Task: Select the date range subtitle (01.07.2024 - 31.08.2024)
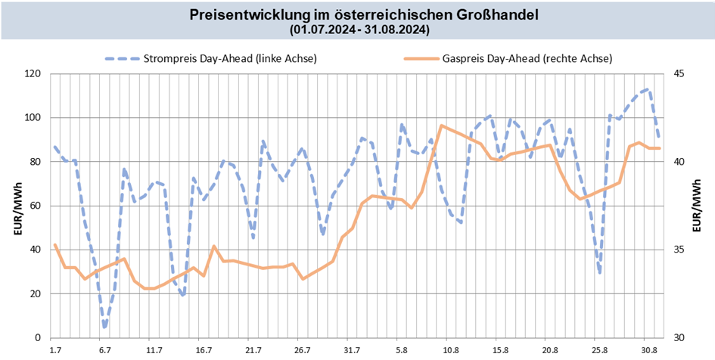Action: (x=359, y=30)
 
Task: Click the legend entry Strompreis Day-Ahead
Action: (x=230, y=58)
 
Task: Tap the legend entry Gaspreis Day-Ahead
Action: (x=526, y=58)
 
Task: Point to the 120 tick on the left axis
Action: (x=33, y=74)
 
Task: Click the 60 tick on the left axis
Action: (x=35, y=206)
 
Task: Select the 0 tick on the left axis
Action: (x=38, y=337)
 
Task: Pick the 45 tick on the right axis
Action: (x=679, y=74)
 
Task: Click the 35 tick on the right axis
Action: (x=679, y=250)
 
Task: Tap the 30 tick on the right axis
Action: (x=679, y=337)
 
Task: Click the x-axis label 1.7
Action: (x=55, y=350)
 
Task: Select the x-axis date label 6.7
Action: (x=104, y=350)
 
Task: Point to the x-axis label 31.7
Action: (x=352, y=350)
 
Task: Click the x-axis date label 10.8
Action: (x=451, y=350)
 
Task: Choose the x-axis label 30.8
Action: (x=649, y=350)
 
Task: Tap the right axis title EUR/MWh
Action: (x=697, y=206)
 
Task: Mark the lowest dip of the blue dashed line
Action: (x=104, y=327)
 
